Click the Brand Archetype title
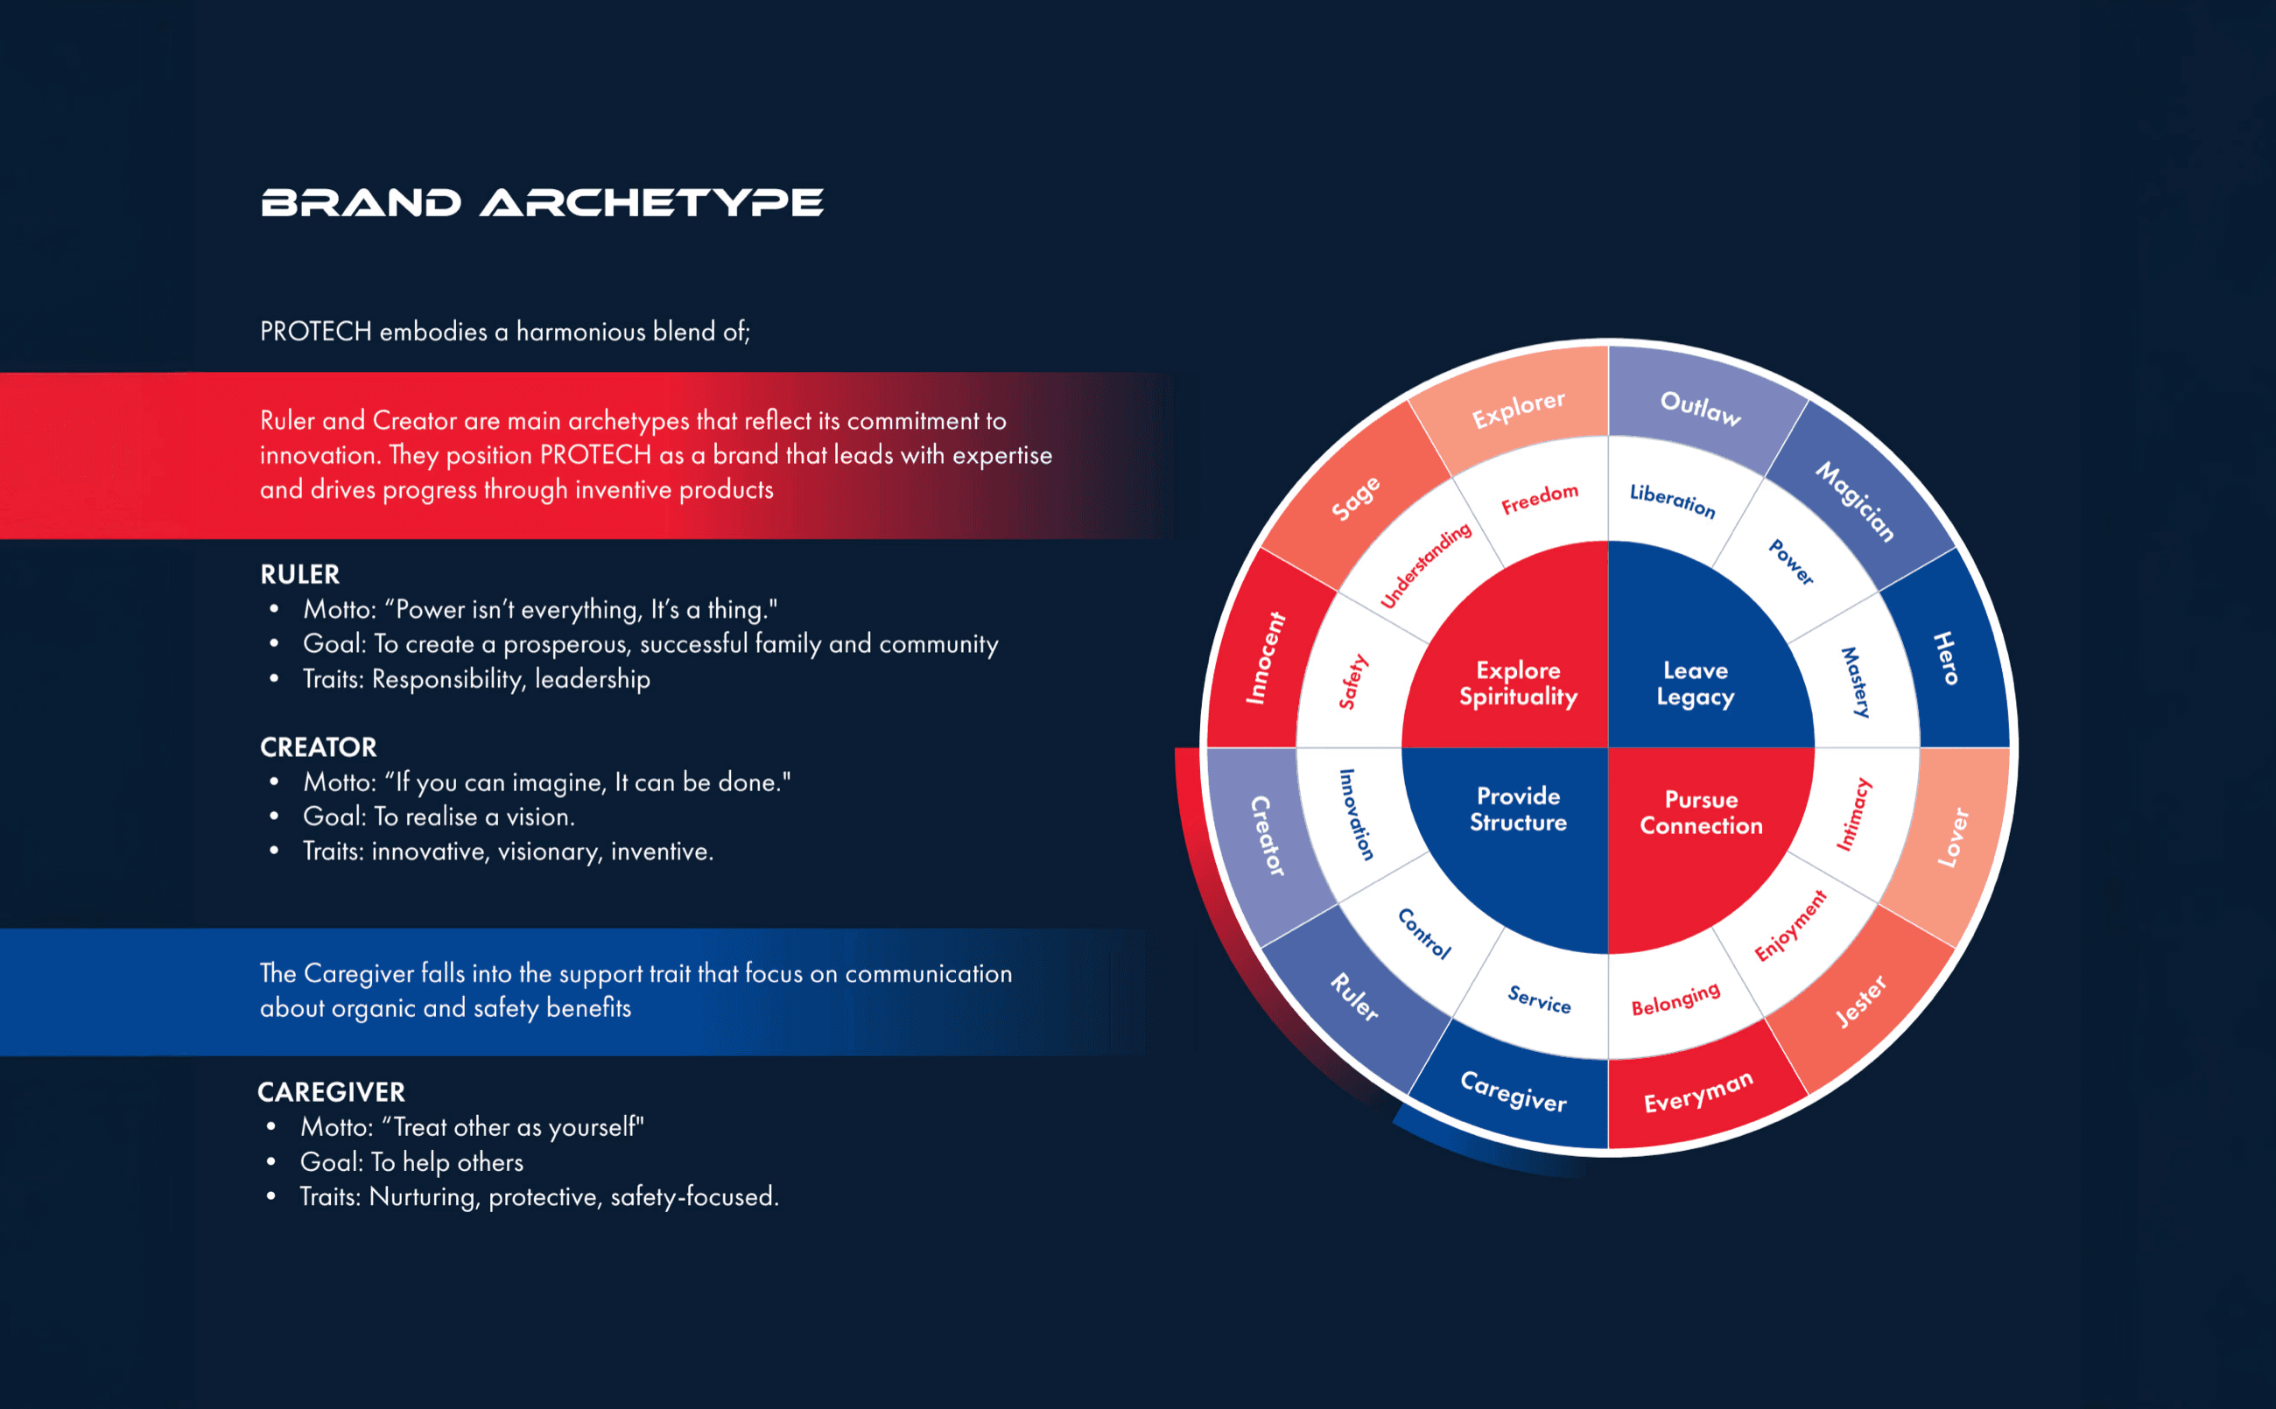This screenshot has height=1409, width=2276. pos(542,202)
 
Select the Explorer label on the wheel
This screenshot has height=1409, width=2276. pos(1517,409)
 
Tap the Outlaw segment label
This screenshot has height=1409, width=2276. pos(1700,407)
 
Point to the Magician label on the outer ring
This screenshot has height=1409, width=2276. pos(1855,501)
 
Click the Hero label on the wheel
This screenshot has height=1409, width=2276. pos(1945,658)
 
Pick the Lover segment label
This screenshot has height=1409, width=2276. pos(1953,837)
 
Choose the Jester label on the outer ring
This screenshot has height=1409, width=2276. pos(1860,1001)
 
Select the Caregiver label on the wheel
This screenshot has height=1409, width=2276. pos(1514,1091)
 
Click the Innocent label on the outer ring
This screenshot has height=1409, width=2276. pos(1265,658)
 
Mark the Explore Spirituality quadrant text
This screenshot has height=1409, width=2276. pos(1518,683)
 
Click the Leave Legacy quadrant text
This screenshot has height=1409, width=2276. pos(1696,683)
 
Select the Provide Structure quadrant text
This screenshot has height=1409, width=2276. pos(1518,809)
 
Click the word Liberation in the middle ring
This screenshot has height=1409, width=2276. pos(1672,501)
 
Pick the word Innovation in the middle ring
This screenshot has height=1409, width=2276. pos(1356,814)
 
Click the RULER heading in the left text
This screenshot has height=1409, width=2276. pos(300,574)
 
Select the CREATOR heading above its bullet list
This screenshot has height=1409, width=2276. pos(319,747)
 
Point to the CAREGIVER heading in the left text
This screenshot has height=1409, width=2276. pos(332,1092)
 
